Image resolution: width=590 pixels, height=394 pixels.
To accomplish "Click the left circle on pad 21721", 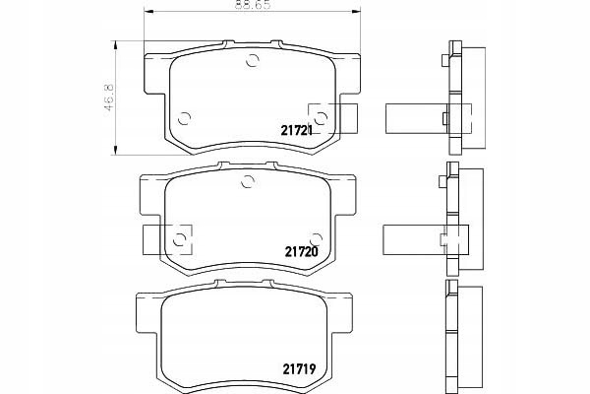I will (x=184, y=120).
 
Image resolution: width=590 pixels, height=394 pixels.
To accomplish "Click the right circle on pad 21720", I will (x=315, y=237).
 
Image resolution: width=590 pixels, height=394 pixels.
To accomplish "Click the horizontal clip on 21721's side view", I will (x=415, y=118).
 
